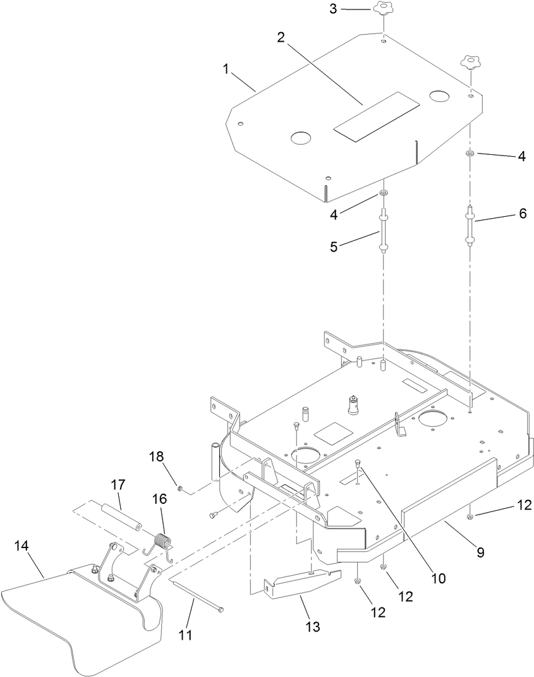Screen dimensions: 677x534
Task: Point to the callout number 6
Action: click(x=522, y=214)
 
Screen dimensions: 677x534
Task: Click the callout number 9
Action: click(x=480, y=552)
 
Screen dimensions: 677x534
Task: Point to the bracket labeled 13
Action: click(x=300, y=582)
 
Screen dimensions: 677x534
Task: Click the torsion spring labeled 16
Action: click(x=164, y=543)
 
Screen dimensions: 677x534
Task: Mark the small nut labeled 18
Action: click(x=180, y=489)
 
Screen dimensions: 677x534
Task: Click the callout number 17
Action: click(x=118, y=485)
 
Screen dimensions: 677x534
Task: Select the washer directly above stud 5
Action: click(x=384, y=192)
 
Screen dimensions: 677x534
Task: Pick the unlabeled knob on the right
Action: click(x=470, y=63)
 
